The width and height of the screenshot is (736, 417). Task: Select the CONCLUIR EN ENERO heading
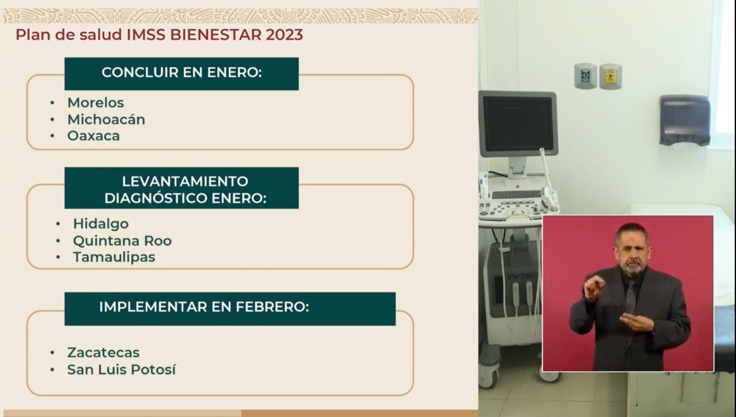point(182,72)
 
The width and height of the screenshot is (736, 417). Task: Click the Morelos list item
point(96,103)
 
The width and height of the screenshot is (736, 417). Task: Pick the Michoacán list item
point(106,120)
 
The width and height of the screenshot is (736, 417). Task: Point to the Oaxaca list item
point(94,136)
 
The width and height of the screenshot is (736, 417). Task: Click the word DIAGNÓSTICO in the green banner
point(156,197)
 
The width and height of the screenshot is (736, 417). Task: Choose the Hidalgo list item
point(101,224)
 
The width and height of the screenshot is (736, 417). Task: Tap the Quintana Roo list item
point(122,241)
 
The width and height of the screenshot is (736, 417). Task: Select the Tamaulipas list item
point(114,257)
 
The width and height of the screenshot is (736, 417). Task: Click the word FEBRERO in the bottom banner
point(272,306)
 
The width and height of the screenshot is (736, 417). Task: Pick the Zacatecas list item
point(104,353)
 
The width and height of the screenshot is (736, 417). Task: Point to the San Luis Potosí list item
point(122,369)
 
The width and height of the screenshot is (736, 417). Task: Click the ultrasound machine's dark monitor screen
point(518,124)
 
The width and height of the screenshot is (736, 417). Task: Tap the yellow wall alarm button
point(610,76)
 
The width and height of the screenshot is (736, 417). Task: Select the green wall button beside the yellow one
point(585,76)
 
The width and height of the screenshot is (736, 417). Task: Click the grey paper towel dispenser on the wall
point(685,120)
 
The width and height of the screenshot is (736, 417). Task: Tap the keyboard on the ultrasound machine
point(516,194)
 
